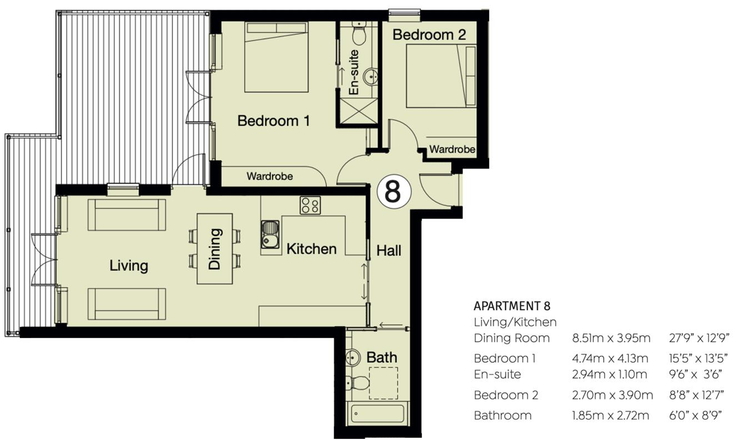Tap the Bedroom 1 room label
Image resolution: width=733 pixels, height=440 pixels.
[x=273, y=120]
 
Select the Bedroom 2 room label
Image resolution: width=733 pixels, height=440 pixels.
[x=429, y=34]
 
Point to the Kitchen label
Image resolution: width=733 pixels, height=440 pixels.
[x=311, y=249]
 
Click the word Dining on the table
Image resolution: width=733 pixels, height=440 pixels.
[x=214, y=249]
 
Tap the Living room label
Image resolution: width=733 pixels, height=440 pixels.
[x=128, y=265]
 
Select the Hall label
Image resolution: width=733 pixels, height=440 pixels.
[x=388, y=250]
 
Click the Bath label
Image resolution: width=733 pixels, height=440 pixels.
[x=381, y=357]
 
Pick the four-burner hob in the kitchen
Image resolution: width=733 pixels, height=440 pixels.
[x=310, y=206]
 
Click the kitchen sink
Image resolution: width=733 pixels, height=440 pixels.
[x=270, y=234]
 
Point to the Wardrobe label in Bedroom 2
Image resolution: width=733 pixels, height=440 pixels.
[x=452, y=149]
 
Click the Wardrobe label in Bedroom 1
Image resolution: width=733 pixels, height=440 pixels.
[x=269, y=176]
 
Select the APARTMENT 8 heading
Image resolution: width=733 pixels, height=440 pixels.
[x=511, y=306]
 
